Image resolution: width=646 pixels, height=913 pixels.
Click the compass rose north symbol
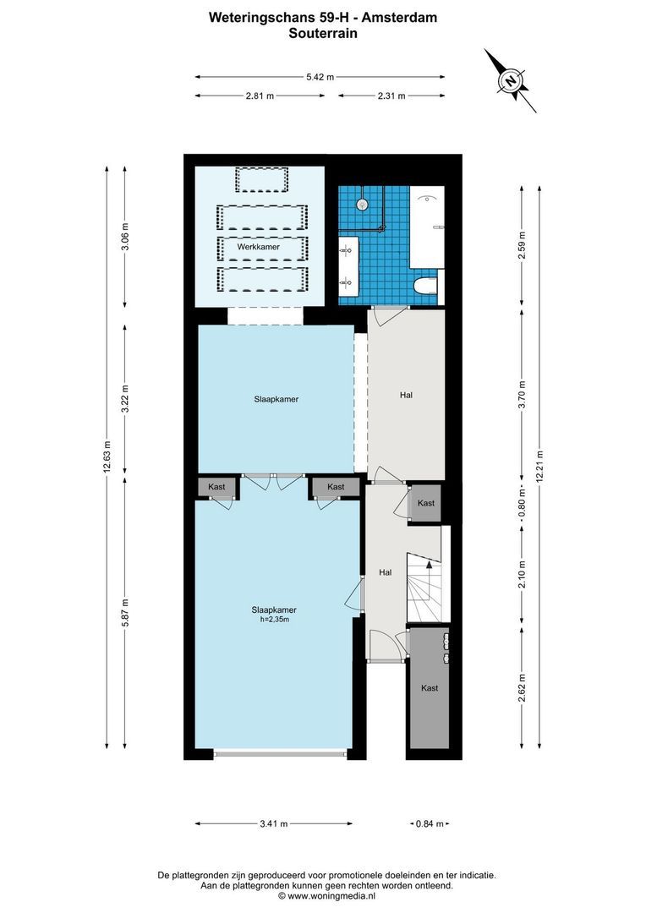(x=511, y=81)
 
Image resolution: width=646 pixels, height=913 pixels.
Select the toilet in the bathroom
(x=426, y=287)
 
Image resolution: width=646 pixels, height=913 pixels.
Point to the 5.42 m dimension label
(x=320, y=77)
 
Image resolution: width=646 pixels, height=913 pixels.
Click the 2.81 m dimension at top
(x=260, y=96)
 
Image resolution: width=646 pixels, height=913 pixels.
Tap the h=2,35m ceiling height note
(x=274, y=620)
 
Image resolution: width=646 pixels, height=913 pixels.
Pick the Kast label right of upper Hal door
(x=425, y=503)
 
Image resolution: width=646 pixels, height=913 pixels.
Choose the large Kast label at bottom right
(x=430, y=688)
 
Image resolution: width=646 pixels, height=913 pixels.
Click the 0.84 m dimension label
(x=429, y=823)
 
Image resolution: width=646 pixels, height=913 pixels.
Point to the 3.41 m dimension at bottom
(x=273, y=823)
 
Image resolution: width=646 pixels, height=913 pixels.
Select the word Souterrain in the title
(x=322, y=35)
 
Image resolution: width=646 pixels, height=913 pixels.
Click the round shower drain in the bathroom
(x=362, y=204)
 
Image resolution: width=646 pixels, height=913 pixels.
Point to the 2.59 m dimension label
(x=522, y=244)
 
